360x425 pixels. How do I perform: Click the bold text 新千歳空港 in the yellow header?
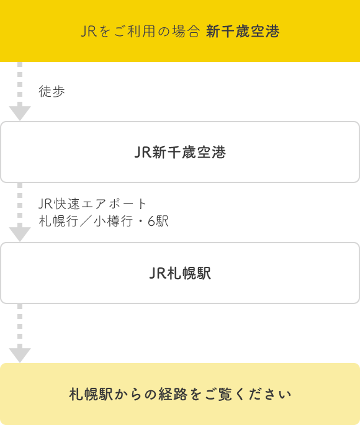tap(243, 31)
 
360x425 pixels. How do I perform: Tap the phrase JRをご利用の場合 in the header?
tap(140, 31)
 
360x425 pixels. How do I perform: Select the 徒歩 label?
tap(52, 91)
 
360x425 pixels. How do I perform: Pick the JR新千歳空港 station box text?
tap(180, 152)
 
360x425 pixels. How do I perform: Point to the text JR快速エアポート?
tap(92, 204)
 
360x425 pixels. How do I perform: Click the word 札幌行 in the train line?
tap(58, 221)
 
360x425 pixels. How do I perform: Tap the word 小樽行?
tap(114, 221)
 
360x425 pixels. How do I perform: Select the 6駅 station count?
tap(158, 221)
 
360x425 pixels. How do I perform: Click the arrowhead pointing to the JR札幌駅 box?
tap(20, 234)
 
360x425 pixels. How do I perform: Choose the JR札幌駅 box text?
tap(180, 273)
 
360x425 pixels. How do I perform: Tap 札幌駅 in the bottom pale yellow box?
tap(91, 395)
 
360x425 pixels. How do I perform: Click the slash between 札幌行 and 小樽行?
tap(86, 221)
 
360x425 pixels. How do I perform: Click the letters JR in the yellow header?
tap(89, 31)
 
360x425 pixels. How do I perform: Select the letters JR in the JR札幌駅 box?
tap(158, 273)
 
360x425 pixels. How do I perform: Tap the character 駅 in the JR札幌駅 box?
tap(204, 273)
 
